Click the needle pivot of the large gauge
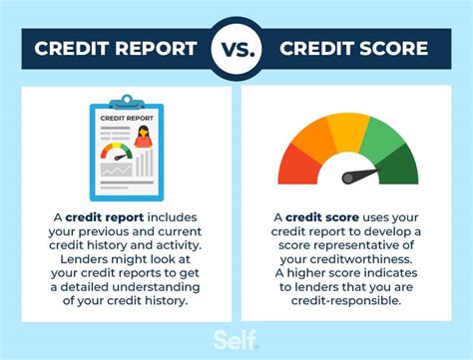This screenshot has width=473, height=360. pos(349,180)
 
